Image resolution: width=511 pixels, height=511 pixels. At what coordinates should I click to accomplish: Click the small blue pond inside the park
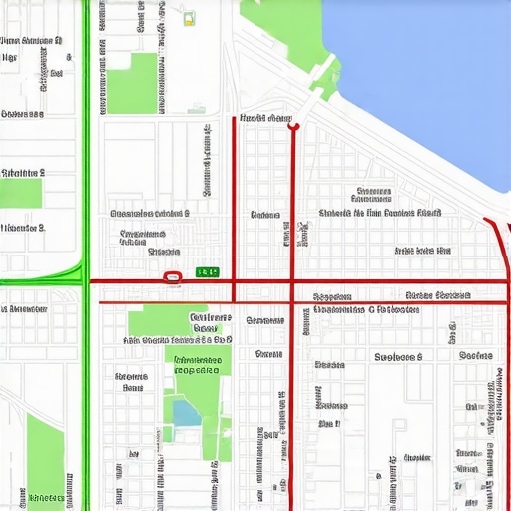[x=186, y=412]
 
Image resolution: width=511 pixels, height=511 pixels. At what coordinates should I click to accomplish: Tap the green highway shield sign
[x=207, y=271]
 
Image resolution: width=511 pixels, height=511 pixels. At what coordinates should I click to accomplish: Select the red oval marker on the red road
[x=171, y=276]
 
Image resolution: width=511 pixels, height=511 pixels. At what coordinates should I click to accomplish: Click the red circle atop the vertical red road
[x=293, y=126]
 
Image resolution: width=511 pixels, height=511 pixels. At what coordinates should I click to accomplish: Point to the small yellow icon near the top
[x=188, y=19]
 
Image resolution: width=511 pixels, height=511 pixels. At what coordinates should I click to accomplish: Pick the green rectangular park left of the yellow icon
[x=132, y=83]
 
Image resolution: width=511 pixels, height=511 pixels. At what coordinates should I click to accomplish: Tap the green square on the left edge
[x=20, y=193]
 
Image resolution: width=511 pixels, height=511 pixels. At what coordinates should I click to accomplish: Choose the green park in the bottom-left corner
[x=45, y=459]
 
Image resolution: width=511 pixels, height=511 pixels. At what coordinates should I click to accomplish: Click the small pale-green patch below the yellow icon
[x=197, y=109]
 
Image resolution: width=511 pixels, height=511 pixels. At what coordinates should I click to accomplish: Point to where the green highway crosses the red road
[x=86, y=281]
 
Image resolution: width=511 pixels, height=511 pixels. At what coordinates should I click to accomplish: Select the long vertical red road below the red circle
[x=292, y=379]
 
